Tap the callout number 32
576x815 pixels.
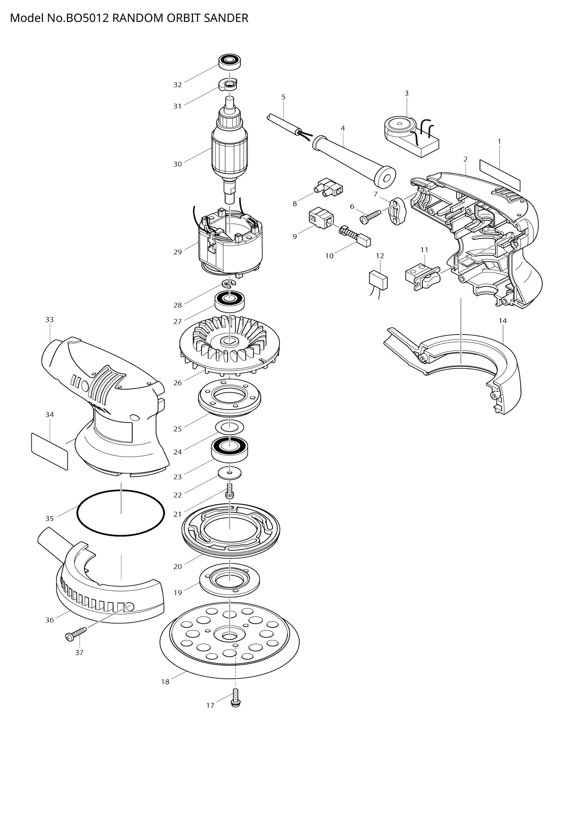(177, 85)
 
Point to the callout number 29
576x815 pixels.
(177, 252)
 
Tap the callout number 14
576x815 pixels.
(502, 321)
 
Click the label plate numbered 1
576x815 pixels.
(500, 175)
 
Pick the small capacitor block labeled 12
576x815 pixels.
(379, 280)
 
